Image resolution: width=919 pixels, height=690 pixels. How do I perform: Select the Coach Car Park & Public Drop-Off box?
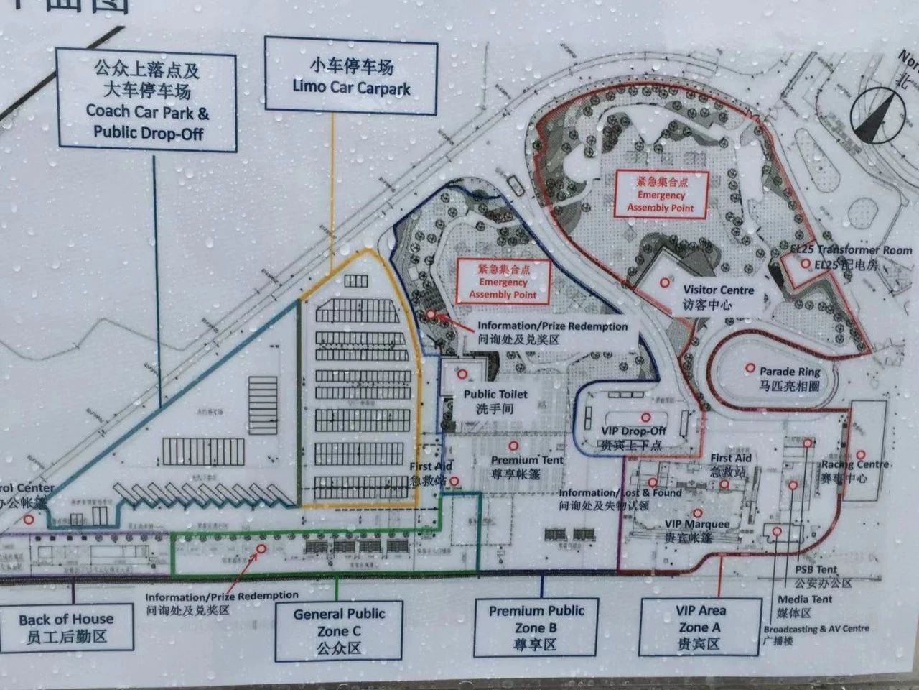(147, 101)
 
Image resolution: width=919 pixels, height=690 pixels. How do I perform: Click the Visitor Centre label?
(718, 296)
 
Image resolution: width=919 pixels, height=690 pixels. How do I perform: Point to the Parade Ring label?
(790, 378)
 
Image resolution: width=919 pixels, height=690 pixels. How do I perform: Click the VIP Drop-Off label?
(634, 436)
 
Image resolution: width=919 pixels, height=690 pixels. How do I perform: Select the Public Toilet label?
(495, 400)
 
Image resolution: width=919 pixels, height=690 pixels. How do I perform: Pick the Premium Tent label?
(527, 466)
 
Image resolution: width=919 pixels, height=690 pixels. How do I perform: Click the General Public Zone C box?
(339, 630)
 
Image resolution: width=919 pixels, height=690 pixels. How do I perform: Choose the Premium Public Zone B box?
(536, 627)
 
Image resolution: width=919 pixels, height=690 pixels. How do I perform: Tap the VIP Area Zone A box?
(700, 627)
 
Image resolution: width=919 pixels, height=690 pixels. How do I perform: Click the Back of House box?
(66, 627)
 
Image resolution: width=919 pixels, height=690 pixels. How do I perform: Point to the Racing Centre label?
(854, 471)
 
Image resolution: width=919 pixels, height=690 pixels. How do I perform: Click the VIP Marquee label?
(696, 530)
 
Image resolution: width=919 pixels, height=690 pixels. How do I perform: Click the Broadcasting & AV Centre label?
(816, 633)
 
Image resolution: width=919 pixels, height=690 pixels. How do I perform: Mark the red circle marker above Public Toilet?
(462, 374)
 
